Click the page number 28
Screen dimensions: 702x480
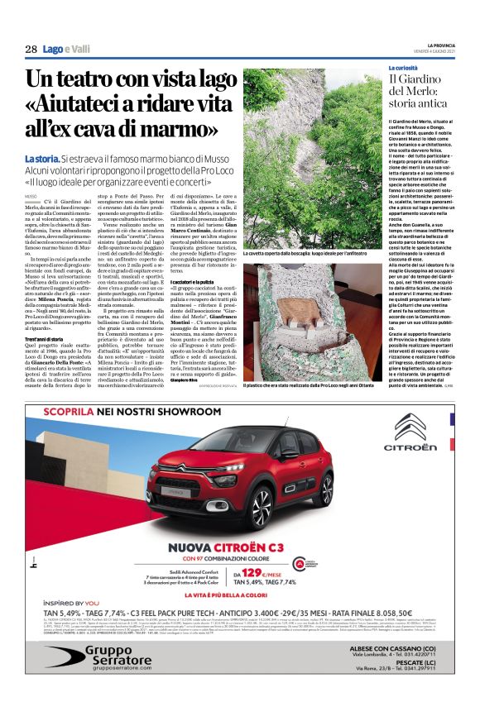[x=30, y=50]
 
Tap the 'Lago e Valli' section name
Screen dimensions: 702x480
[x=66, y=50]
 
